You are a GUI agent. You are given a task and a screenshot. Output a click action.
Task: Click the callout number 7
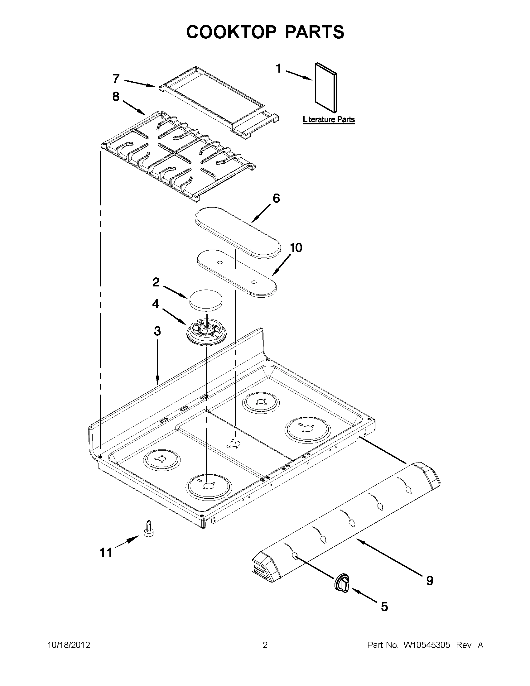(x=116, y=79)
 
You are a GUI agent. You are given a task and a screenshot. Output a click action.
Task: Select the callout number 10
(x=296, y=247)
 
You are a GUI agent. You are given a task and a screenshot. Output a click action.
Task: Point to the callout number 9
(x=430, y=580)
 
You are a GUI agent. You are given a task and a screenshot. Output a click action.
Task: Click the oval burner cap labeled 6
(x=238, y=233)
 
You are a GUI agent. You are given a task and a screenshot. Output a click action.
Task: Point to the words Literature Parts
(x=329, y=120)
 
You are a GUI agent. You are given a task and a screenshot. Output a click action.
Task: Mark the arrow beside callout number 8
(x=133, y=108)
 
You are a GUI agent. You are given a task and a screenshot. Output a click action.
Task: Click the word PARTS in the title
(x=314, y=32)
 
